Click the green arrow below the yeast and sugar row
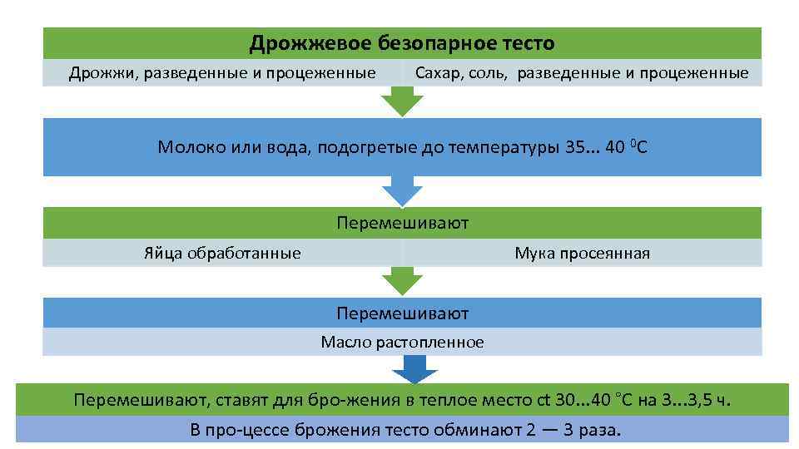tap(402, 102)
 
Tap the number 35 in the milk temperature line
tap(575, 148)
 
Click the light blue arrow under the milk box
tap(402, 191)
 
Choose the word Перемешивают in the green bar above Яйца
tap(402, 223)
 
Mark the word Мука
tap(535, 253)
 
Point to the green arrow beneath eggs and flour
tap(402, 281)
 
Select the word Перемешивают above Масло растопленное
tap(402, 313)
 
